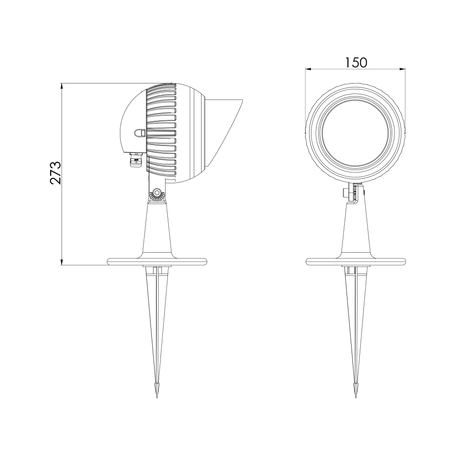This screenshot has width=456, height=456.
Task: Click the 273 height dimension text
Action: tap(55, 173)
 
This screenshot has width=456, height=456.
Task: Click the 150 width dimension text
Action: tap(356, 62)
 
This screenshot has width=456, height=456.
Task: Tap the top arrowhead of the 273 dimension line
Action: tap(62, 86)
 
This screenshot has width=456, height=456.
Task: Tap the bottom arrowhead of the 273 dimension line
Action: tap(62, 262)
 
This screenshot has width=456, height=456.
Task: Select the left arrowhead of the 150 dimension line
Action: tap(308, 69)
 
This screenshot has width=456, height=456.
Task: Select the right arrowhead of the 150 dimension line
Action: tap(402, 69)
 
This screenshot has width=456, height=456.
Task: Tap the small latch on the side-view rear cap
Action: tap(140, 133)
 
